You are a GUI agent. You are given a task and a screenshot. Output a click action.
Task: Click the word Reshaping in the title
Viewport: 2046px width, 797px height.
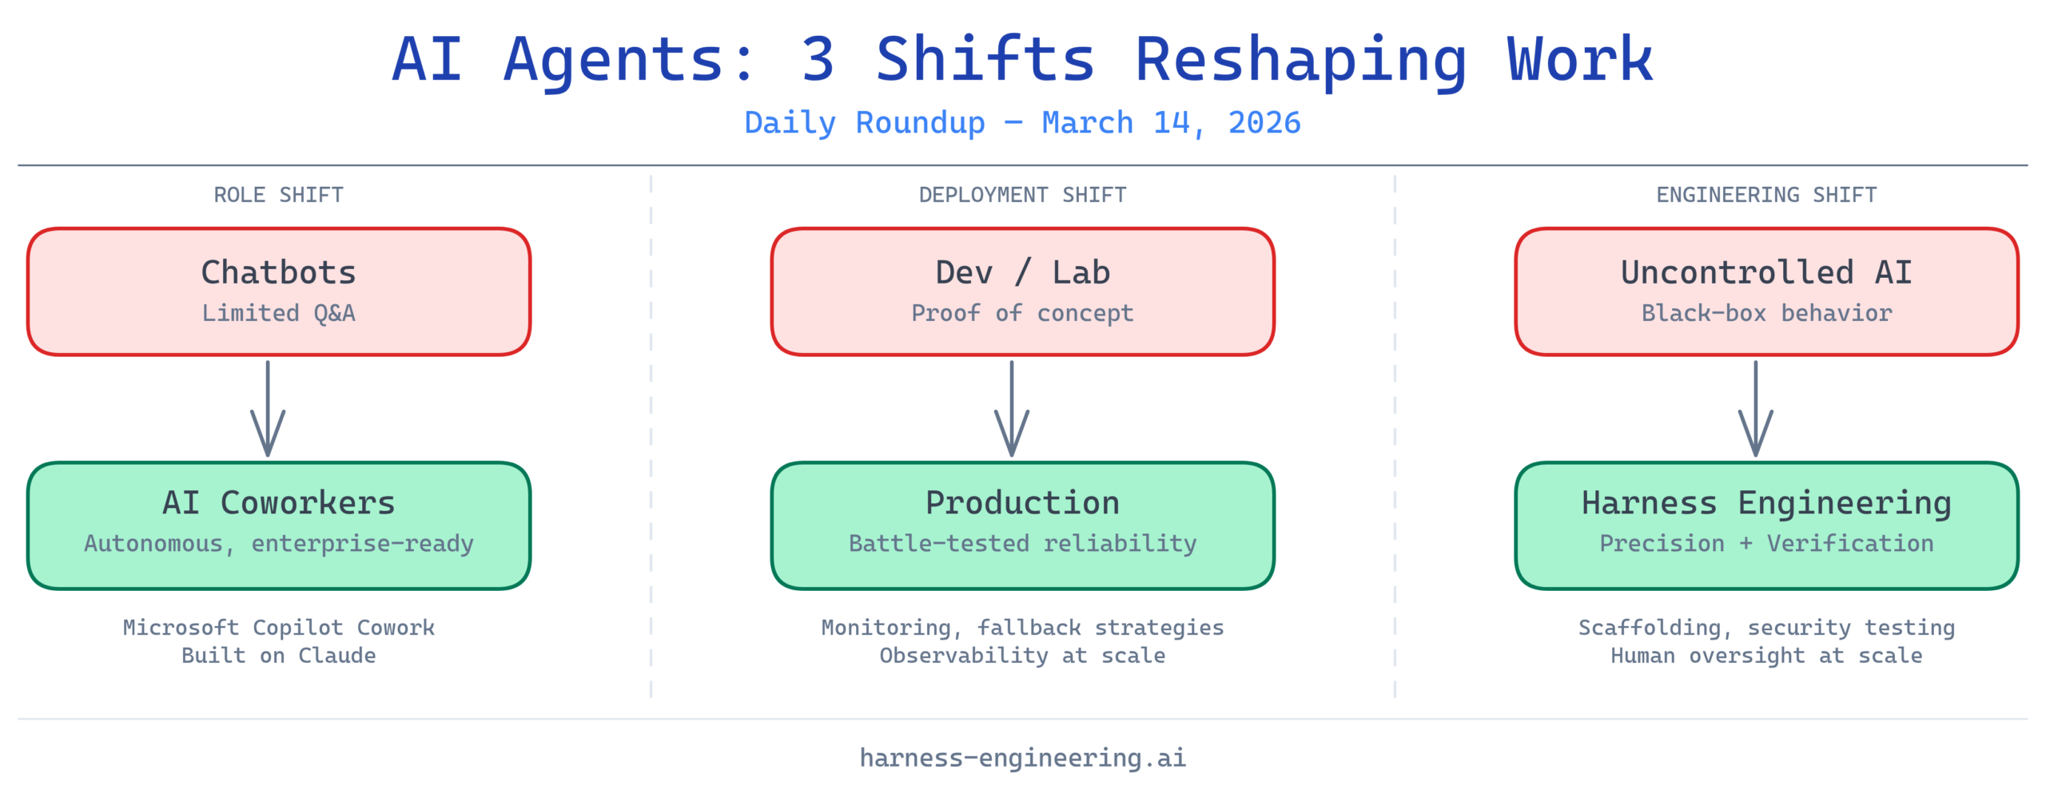click(1300, 61)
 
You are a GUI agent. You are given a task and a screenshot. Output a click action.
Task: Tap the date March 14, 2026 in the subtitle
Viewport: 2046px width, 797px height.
click(1172, 123)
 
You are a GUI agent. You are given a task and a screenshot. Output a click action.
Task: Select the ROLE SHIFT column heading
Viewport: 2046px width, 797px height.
click(279, 195)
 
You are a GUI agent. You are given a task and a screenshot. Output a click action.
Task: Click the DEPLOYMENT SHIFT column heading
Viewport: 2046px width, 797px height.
click(1023, 195)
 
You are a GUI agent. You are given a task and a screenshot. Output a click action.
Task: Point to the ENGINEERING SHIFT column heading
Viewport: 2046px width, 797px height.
click(1767, 195)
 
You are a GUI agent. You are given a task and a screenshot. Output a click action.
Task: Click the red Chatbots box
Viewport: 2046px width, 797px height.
click(279, 291)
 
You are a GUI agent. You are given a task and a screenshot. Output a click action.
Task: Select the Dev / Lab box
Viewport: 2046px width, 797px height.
click(1023, 291)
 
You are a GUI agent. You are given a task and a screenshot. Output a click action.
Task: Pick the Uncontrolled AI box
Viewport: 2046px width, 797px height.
click(1767, 291)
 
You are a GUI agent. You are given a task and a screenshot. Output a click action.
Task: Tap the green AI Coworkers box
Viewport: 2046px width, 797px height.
click(279, 525)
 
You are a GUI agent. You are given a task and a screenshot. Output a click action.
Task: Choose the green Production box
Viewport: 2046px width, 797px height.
click(1023, 525)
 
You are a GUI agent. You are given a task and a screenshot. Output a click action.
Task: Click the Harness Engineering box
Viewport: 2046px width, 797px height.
click(1767, 525)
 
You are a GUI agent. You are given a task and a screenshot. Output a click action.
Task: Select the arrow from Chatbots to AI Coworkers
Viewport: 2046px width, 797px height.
click(268, 408)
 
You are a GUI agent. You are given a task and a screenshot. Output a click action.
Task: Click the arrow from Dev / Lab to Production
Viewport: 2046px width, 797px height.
click(1012, 408)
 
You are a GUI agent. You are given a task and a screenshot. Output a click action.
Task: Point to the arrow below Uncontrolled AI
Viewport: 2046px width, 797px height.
click(1756, 408)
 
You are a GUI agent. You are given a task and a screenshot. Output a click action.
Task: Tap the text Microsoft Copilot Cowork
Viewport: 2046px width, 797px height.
click(279, 628)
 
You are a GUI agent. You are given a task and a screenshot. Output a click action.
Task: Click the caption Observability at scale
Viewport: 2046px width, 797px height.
click(1023, 656)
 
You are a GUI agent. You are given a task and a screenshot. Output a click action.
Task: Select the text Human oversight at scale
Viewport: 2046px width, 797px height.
click(1767, 656)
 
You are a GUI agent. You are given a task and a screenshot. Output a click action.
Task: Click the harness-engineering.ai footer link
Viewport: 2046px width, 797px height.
click(1023, 758)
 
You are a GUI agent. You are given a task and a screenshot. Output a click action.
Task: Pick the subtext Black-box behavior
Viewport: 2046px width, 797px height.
click(1767, 313)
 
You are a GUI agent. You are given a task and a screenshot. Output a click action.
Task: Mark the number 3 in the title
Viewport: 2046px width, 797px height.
click(818, 61)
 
